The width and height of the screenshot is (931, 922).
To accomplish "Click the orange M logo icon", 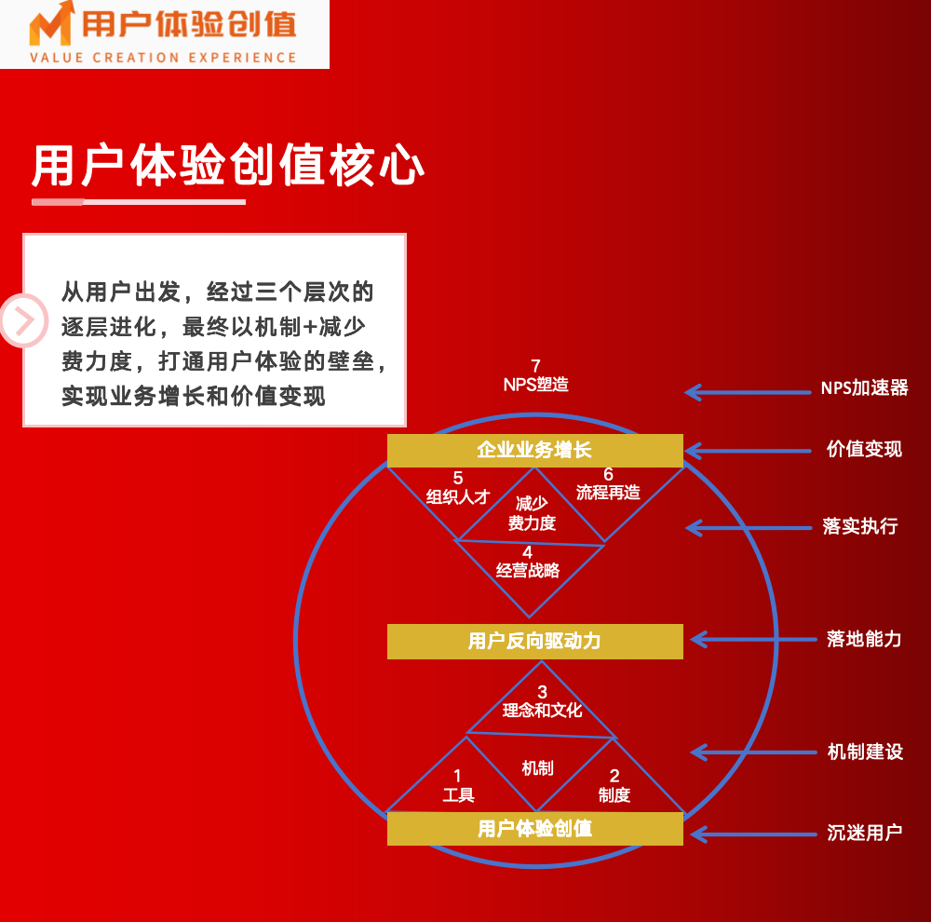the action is [x=51, y=24].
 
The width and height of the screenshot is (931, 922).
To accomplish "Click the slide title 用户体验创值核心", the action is [x=228, y=165].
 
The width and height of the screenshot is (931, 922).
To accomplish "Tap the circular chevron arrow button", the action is [x=24, y=320].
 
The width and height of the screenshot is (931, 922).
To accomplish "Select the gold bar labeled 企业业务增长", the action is [x=535, y=451].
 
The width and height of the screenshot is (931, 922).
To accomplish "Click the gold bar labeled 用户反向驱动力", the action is [x=535, y=642].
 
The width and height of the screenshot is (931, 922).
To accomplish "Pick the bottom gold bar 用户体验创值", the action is [x=535, y=829].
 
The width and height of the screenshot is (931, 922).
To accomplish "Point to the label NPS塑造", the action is [x=535, y=385].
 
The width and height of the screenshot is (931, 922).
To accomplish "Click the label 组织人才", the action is [x=458, y=496].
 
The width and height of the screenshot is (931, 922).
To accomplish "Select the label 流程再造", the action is [x=608, y=493].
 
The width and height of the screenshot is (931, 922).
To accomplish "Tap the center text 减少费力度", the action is [x=532, y=513].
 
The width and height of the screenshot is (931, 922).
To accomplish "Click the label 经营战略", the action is [x=527, y=571].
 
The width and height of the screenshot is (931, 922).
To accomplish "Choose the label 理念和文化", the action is [x=542, y=711].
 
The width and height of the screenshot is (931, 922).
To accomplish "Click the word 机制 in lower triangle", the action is [x=537, y=768].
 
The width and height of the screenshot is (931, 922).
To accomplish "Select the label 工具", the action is [x=458, y=794].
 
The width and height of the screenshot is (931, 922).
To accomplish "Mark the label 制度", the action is [x=614, y=794].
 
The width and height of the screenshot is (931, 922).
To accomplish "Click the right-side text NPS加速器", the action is [x=865, y=388].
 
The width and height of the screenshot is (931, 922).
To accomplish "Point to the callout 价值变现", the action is [x=865, y=449].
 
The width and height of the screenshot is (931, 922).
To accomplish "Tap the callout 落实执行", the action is [x=860, y=526].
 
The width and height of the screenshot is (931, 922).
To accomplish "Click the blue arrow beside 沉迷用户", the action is [x=753, y=834].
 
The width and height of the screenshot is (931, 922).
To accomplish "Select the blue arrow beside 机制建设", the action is [x=753, y=753].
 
